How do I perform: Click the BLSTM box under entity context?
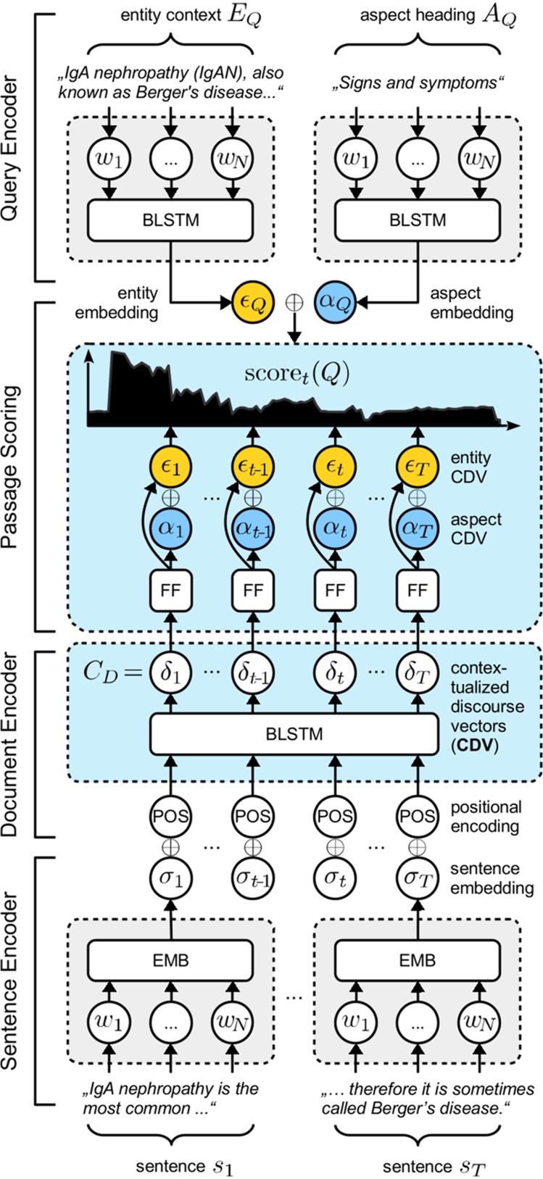pyautogui.click(x=170, y=220)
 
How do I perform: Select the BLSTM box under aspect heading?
pyautogui.click(x=417, y=220)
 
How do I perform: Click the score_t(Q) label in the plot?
pyautogui.click(x=297, y=374)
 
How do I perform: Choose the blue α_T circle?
pyautogui.click(x=417, y=527)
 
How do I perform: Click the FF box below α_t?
pyautogui.click(x=335, y=591)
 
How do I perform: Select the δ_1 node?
pyautogui.click(x=170, y=672)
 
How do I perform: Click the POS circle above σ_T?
pyautogui.click(x=417, y=816)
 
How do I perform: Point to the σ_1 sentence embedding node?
pyautogui.click(x=170, y=878)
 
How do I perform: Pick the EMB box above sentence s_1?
pyautogui.click(x=170, y=960)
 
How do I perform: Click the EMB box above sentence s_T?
pyautogui.click(x=417, y=960)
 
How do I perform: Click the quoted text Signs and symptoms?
pyautogui.click(x=418, y=83)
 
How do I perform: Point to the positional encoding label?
pyautogui.click(x=486, y=816)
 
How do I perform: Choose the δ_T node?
pyautogui.click(x=417, y=672)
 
